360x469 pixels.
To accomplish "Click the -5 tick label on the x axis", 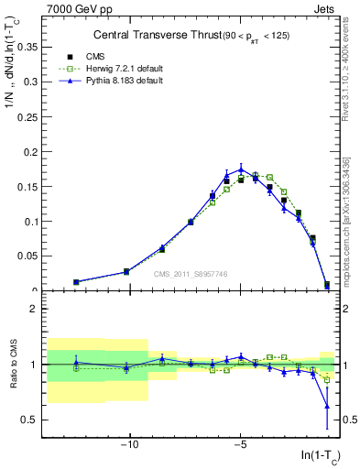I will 240,444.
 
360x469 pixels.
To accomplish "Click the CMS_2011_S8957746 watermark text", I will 190,274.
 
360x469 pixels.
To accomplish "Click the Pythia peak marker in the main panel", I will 241,169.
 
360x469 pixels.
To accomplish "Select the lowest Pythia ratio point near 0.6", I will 327,406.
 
